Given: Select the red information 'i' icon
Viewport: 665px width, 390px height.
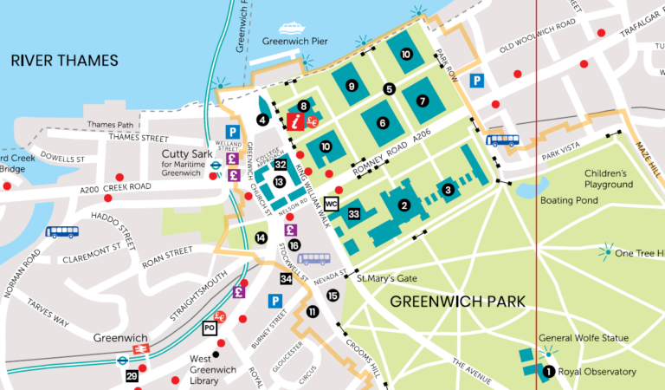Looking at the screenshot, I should tap(295, 121).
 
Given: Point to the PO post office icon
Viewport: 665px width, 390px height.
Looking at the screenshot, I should tap(209, 328).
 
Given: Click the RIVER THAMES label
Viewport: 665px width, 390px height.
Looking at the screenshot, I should tap(64, 60).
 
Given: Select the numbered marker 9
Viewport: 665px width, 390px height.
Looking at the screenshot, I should tap(351, 85).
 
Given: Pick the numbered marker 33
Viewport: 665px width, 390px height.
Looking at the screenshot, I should tap(353, 213).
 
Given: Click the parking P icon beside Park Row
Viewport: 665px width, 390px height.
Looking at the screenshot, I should tap(475, 81).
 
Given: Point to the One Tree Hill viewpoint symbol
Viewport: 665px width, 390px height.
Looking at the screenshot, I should tap(604, 252).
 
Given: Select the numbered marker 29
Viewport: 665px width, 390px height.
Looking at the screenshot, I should tap(132, 375).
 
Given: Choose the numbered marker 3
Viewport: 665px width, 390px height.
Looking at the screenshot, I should tap(448, 189).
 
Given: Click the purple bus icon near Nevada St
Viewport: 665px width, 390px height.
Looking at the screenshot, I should tap(313, 258).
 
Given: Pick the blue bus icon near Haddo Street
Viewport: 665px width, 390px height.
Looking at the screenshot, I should tap(61, 231).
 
